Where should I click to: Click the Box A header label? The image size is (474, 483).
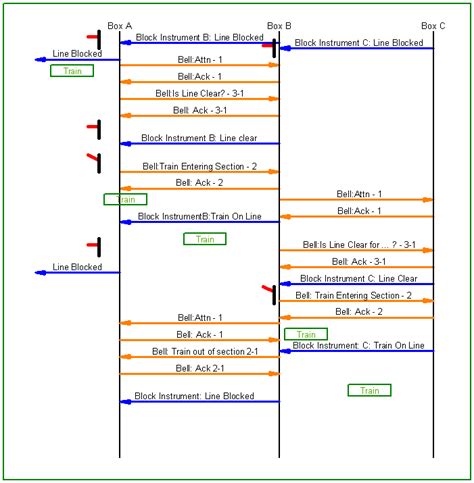119,25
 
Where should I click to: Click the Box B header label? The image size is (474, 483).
279,25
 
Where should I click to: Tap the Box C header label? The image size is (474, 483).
433,25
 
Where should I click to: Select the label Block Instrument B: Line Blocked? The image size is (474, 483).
199,37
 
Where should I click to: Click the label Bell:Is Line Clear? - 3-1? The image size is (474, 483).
199,93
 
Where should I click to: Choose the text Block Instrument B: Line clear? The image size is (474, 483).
199,138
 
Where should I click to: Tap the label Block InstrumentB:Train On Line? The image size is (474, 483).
199,216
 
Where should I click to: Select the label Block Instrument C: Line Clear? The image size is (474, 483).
358,278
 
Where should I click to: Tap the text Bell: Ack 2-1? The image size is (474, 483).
200,369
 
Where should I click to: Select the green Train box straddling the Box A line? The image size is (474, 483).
125,199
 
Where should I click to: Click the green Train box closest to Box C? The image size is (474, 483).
369,390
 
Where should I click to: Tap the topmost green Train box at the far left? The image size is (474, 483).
72,71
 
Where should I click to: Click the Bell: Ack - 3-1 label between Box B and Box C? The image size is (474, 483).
356,261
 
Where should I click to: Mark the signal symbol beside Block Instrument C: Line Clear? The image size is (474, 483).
269,292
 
